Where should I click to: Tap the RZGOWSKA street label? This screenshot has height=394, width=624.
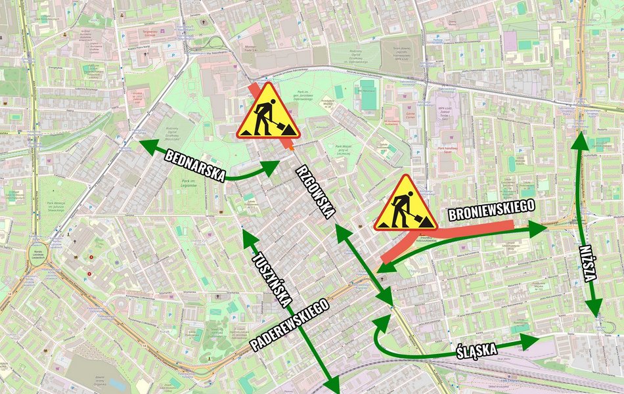(x=316, y=191)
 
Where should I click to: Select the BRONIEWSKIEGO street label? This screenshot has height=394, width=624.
(x=491, y=209)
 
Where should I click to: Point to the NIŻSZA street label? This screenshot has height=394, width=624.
(x=589, y=263)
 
